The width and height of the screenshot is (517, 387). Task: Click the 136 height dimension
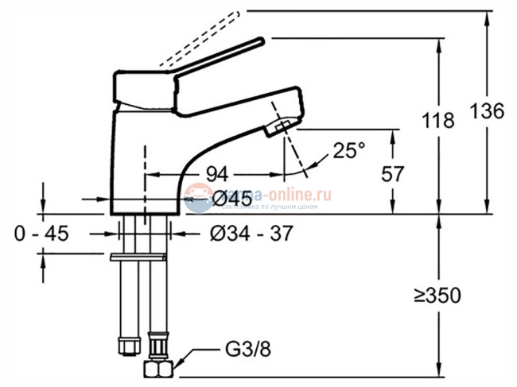click(487, 111)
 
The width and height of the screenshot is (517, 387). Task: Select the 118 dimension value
click(438, 121)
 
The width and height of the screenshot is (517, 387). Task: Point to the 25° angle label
click(348, 150)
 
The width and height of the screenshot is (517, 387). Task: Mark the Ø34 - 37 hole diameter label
click(251, 234)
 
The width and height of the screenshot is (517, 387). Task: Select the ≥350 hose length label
click(437, 296)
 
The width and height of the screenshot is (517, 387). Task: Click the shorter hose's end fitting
click(124, 346)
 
